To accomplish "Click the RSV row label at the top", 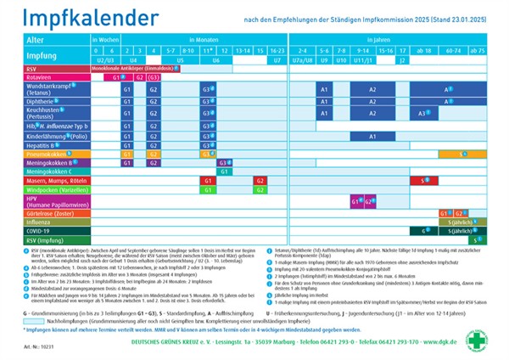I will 33,69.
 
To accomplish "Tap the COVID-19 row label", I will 39,230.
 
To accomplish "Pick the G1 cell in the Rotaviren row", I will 120,77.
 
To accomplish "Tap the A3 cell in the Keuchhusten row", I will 422,113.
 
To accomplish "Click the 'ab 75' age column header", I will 475,50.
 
